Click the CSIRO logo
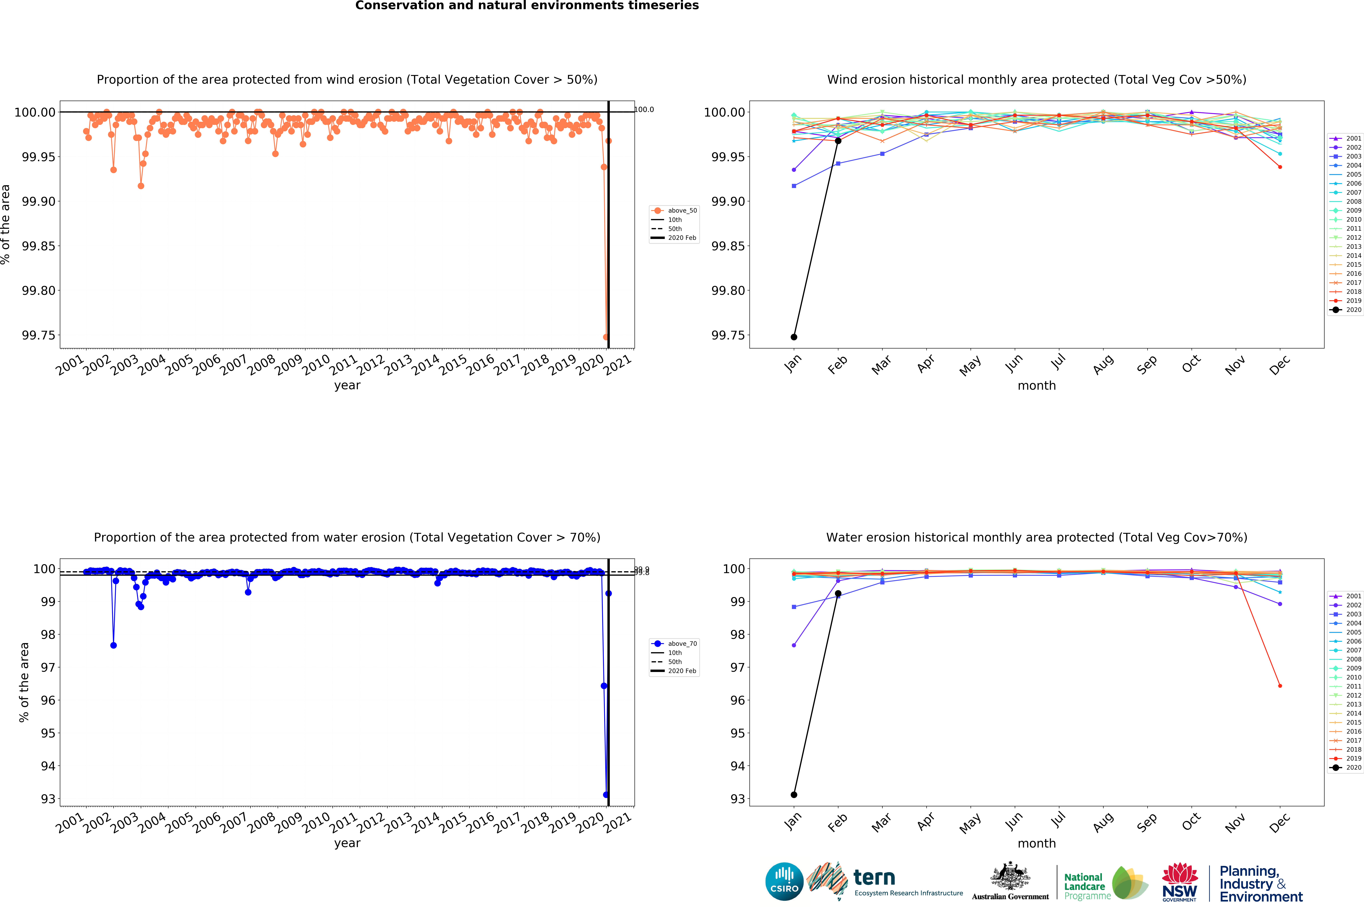click(784, 881)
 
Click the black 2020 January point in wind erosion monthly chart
click(793, 337)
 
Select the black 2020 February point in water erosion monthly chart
click(838, 594)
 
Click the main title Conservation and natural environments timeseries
click(527, 6)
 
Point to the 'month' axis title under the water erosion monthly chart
click(1037, 843)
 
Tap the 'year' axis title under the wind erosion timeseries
click(347, 385)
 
